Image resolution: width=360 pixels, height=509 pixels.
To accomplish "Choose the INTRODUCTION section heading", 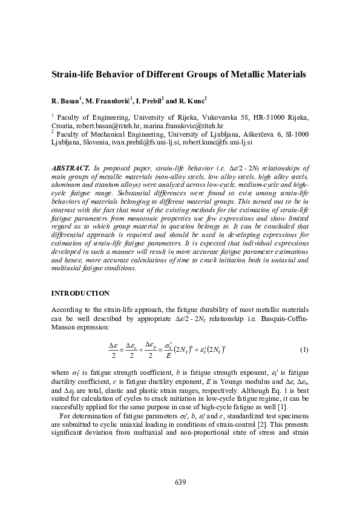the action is coord(80,293).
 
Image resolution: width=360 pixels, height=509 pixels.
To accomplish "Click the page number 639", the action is coord(180,482).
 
